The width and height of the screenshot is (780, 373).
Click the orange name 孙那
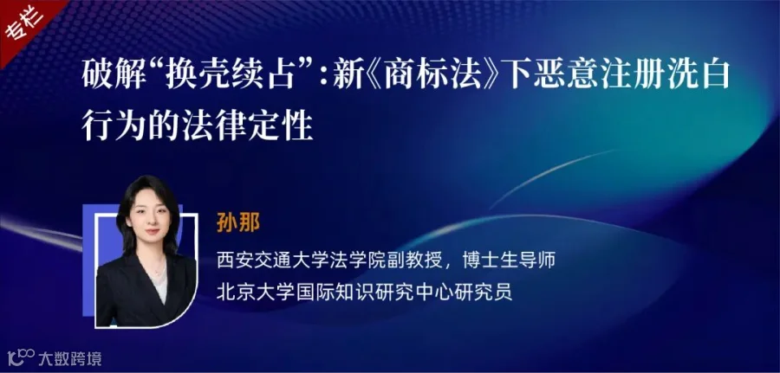[238, 223]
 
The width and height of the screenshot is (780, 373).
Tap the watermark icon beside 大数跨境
[21, 357]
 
